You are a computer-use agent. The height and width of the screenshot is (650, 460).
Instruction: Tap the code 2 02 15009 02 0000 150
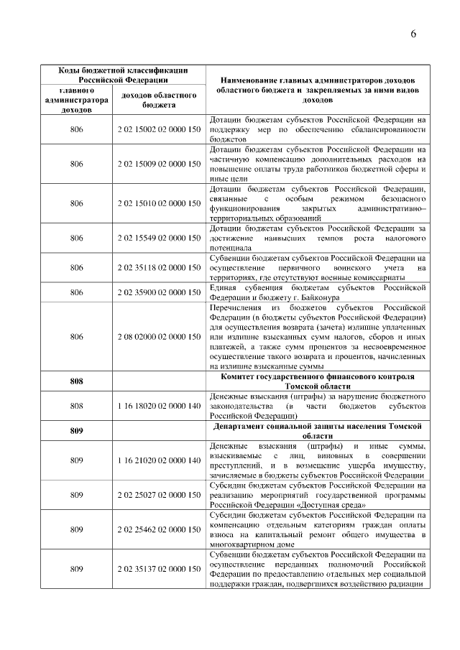pyautogui.click(x=158, y=164)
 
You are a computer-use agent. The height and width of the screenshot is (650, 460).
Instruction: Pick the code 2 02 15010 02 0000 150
pyautogui.click(x=158, y=203)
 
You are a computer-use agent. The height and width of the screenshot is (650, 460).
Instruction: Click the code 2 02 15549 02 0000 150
pyautogui.click(x=158, y=238)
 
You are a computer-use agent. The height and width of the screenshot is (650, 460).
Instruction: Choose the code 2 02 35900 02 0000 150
pyautogui.click(x=158, y=292)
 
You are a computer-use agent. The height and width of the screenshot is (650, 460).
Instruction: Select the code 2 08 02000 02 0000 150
pyautogui.click(x=158, y=336)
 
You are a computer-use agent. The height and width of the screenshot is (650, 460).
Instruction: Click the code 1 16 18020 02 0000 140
pyautogui.click(x=158, y=406)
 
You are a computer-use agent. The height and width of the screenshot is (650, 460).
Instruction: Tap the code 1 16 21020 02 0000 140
pyautogui.click(x=158, y=460)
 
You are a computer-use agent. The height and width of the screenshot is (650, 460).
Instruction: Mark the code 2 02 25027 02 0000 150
pyautogui.click(x=158, y=495)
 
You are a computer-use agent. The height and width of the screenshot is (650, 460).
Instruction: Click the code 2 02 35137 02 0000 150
pyautogui.click(x=158, y=570)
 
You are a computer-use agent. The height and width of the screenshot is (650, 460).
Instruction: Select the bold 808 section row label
pyautogui.click(x=77, y=381)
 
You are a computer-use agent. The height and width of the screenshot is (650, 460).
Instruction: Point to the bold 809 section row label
pyautogui.click(x=77, y=431)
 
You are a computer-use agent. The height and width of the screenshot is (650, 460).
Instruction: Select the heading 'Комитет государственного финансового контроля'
pyautogui.click(x=320, y=376)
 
